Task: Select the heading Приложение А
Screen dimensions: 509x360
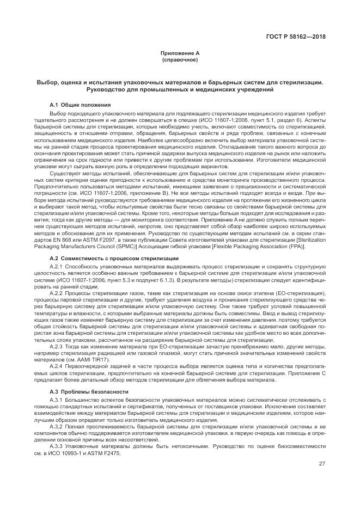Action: coord(180,53)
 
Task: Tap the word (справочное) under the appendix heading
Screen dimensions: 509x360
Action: coord(180,59)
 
